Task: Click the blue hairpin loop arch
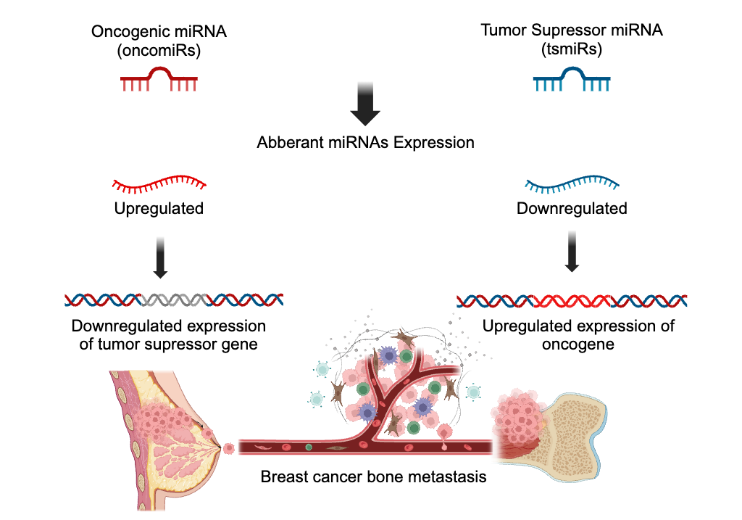tap(572, 71)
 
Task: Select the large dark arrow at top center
tap(365, 102)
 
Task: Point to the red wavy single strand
tap(159, 183)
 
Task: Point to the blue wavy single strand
tap(572, 183)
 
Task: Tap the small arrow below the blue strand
tap(572, 251)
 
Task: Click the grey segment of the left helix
tap(172, 300)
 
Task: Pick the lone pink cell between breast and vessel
tap(229, 448)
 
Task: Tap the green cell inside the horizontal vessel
tap(309, 447)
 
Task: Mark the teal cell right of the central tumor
tap(473, 392)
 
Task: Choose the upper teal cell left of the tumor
tap(322, 369)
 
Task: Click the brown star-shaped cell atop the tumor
tap(404, 338)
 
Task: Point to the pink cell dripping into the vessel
tap(444, 434)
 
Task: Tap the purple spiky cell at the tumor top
tap(388, 355)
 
